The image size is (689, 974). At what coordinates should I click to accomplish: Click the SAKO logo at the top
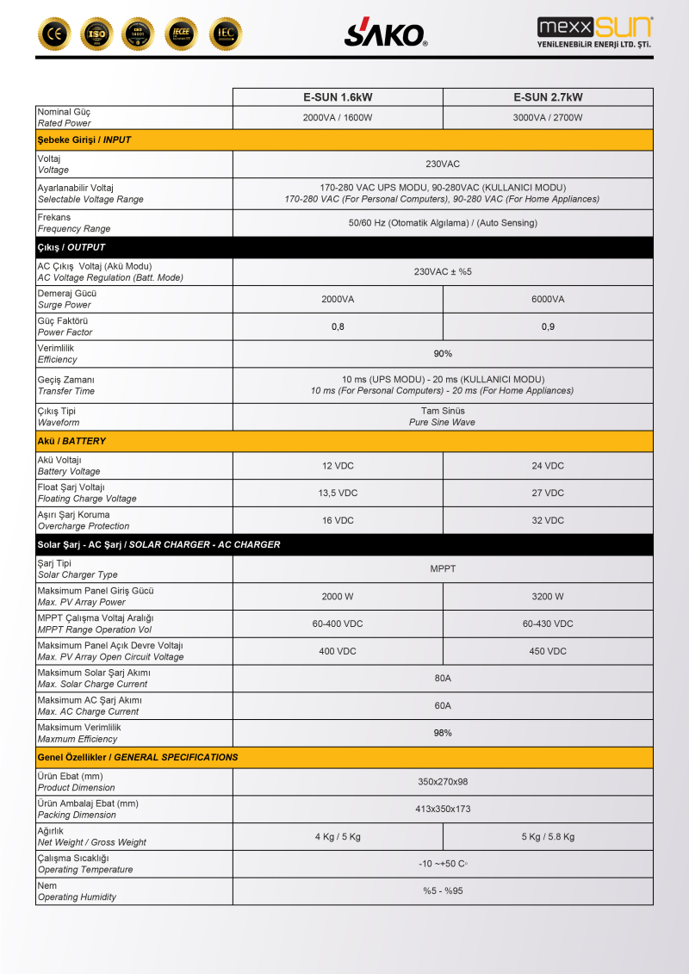tap(386, 34)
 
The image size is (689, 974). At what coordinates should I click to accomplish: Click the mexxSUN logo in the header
tap(593, 33)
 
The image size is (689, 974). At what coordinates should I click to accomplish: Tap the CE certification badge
tap(54, 34)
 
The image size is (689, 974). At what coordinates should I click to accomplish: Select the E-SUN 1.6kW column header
tap(338, 97)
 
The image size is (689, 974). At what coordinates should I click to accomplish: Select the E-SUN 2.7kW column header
tap(548, 97)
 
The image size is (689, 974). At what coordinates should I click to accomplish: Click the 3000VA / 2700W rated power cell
tap(548, 118)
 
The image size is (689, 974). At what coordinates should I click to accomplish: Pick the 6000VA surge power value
tap(548, 300)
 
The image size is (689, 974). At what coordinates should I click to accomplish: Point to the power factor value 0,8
tap(338, 327)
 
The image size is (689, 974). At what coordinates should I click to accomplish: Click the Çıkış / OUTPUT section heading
tap(72, 248)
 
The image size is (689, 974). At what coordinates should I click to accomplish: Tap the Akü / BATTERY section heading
tap(71, 441)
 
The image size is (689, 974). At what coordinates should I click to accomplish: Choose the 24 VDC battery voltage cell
tap(548, 466)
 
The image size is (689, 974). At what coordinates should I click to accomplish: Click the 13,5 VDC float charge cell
tap(338, 493)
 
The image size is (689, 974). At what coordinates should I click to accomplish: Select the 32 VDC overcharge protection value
tap(548, 521)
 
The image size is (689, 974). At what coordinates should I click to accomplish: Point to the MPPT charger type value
tap(443, 569)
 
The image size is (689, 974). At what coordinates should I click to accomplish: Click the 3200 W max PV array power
tap(548, 597)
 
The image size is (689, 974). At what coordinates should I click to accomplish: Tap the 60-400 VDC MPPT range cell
tap(338, 624)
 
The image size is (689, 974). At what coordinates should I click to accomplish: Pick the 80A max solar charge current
tap(443, 679)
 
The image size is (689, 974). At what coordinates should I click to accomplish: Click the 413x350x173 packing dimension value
tap(443, 810)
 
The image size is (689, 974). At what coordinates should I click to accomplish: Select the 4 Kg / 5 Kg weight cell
tap(338, 837)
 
